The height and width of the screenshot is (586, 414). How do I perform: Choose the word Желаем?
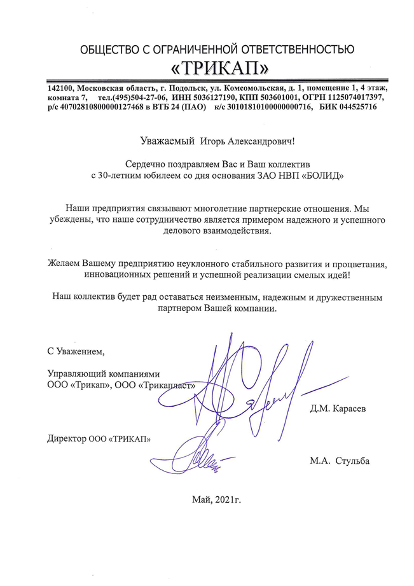pos(67,263)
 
